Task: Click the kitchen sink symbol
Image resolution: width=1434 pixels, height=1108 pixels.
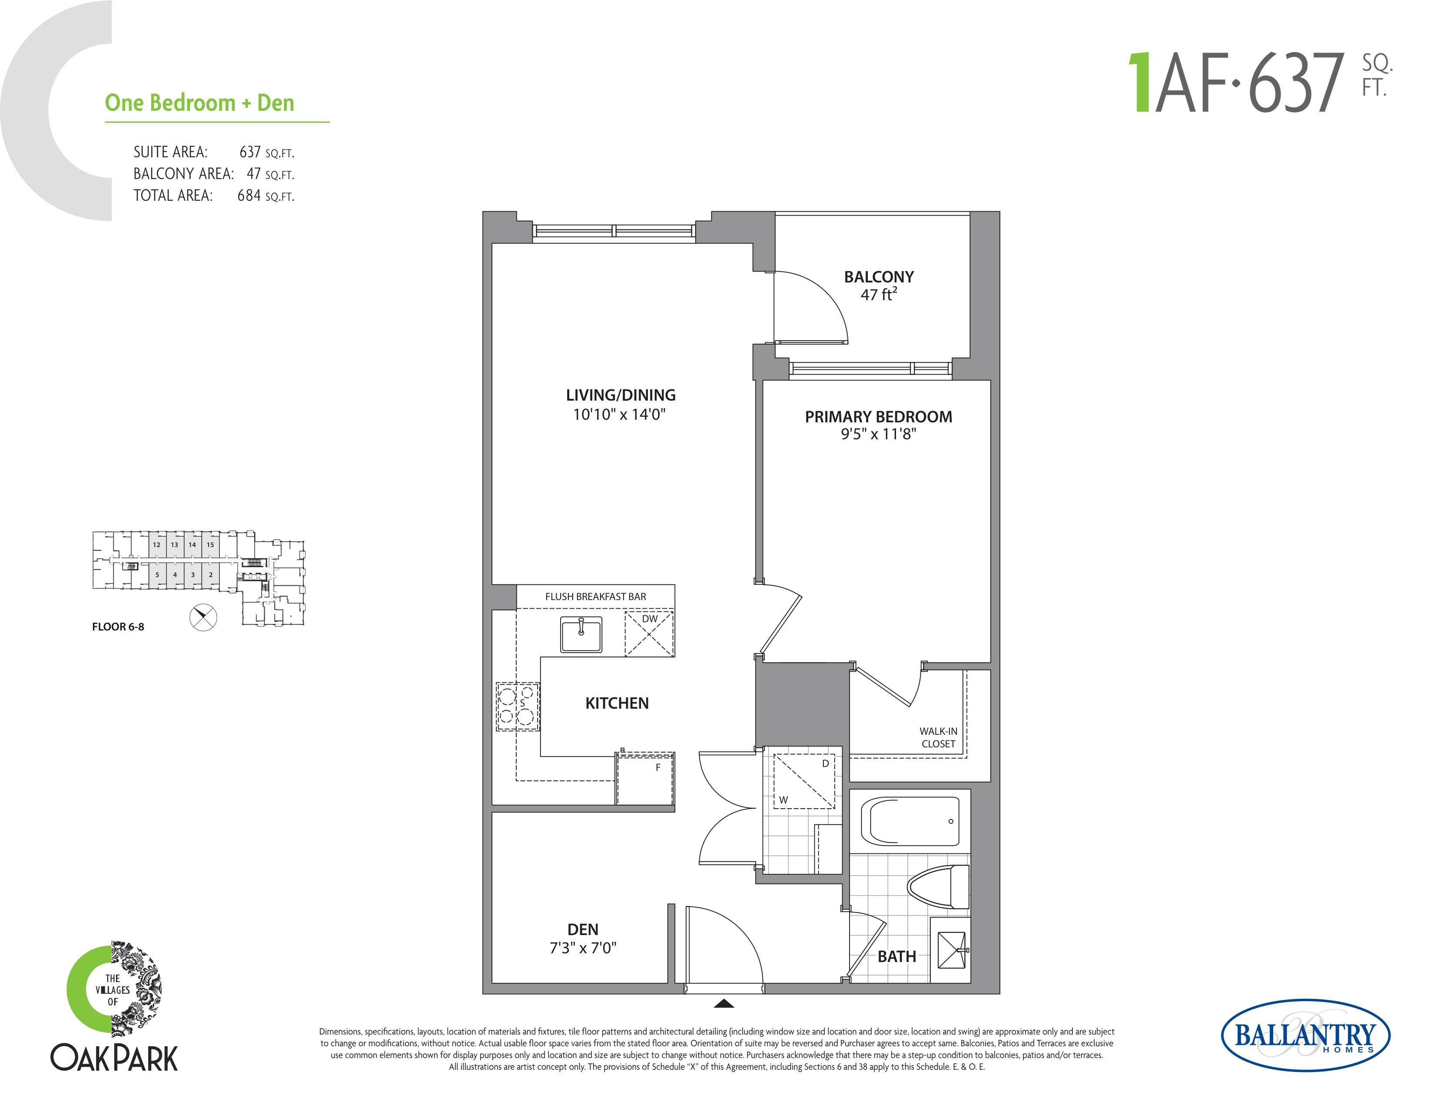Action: [x=581, y=634]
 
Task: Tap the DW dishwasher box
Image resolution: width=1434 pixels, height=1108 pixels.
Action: [x=649, y=634]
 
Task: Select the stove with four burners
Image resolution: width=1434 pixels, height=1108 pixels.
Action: [x=518, y=706]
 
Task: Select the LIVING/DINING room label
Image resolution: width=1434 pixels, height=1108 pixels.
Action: [x=621, y=395]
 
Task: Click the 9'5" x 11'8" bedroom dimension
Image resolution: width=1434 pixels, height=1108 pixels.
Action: [x=879, y=434]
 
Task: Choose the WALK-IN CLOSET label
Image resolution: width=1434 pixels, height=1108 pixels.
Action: [x=938, y=737]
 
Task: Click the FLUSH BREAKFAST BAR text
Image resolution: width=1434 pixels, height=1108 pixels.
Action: [x=595, y=597]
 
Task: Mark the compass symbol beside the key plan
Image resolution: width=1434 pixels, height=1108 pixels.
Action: [x=203, y=617]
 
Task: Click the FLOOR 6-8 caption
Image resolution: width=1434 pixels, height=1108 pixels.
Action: [x=118, y=627]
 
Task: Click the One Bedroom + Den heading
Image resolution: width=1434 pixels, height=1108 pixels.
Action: [x=199, y=103]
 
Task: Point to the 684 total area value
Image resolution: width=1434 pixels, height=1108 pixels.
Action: [x=249, y=196]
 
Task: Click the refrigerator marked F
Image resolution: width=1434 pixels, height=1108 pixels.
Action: [x=645, y=779]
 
